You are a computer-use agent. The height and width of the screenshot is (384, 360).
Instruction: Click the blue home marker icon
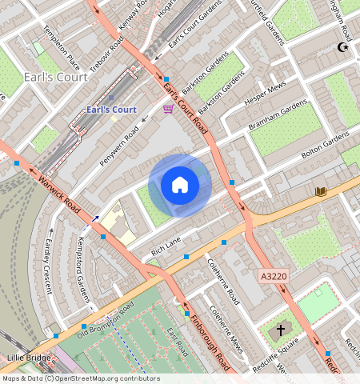[180, 186]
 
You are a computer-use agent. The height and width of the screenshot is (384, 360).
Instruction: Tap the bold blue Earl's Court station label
[111, 110]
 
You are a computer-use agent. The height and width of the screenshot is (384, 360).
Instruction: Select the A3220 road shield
[272, 276]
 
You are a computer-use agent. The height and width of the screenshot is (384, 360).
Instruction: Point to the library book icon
[320, 191]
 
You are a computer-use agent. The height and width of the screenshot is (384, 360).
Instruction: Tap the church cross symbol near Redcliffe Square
[281, 329]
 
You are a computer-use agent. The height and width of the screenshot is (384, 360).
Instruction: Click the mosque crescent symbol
[345, 48]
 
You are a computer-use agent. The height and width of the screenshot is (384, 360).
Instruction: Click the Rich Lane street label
[166, 245]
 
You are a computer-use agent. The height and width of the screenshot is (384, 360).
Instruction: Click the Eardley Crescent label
[48, 265]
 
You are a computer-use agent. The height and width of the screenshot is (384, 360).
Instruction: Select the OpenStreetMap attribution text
[80, 378]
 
